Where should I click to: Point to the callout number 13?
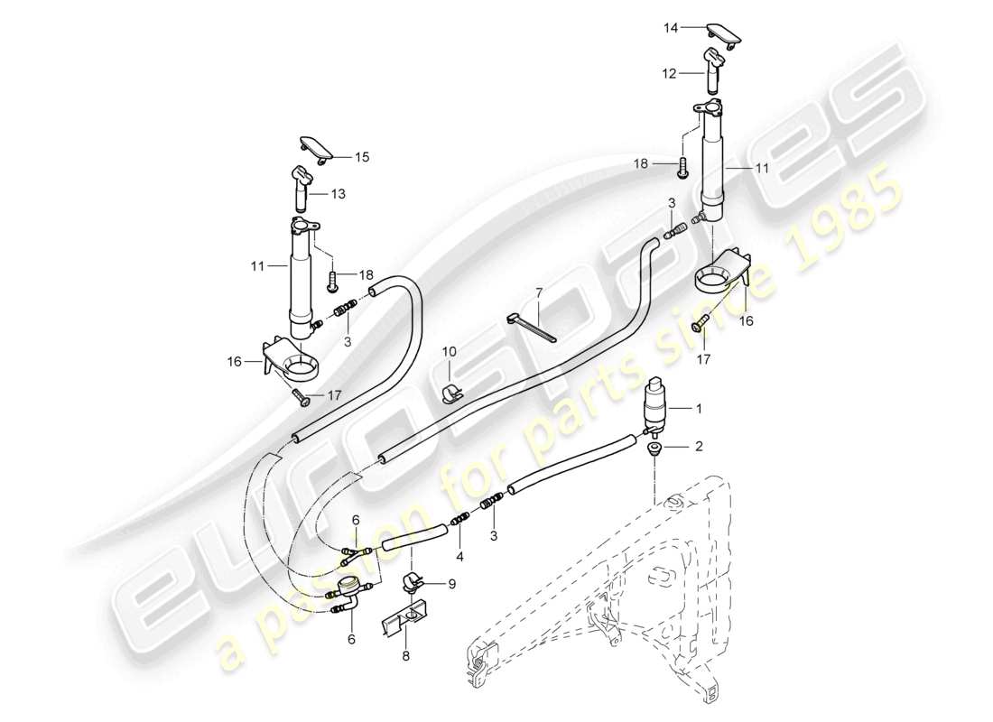tap(338, 193)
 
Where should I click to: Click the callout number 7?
tap(539, 293)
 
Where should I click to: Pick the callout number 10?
tap(449, 351)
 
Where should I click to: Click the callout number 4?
tap(459, 557)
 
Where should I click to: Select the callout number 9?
tap(451, 584)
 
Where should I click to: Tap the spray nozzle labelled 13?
tap(302, 184)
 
